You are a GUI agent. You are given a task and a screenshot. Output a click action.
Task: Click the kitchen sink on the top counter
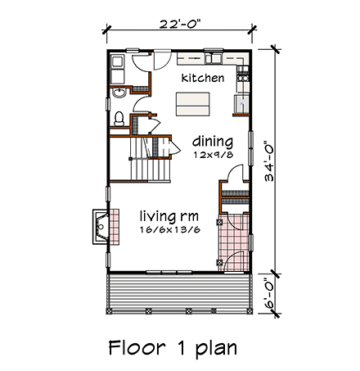coord(217,59)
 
